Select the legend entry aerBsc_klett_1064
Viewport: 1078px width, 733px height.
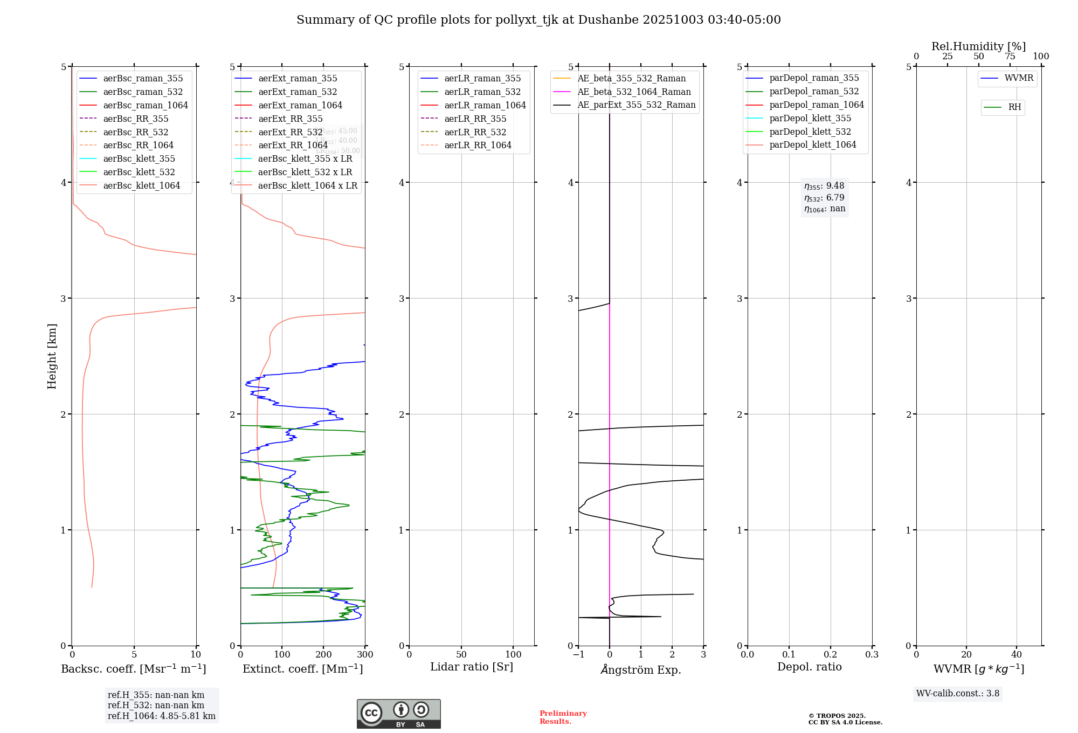pos(141,185)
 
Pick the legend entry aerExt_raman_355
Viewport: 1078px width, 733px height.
pos(298,79)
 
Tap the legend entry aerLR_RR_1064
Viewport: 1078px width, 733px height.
pos(478,145)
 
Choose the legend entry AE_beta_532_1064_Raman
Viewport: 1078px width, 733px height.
pos(634,92)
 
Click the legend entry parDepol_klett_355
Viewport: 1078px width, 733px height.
pos(810,118)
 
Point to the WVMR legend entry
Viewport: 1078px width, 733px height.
pos(1019,78)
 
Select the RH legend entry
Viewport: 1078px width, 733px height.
pos(1014,107)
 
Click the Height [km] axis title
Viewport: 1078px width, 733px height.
pos(52,356)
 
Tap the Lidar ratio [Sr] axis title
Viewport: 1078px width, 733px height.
pos(472,667)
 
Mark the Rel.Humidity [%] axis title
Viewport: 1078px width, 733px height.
pos(978,46)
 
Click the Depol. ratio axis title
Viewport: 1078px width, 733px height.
pos(809,667)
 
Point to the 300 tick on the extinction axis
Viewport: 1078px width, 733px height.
pos(365,655)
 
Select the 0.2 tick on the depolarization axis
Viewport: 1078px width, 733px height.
pos(830,655)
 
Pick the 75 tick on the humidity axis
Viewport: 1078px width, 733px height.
pos(1010,57)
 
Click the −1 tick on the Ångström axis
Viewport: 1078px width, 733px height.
pos(578,655)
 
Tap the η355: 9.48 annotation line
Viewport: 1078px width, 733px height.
pos(824,186)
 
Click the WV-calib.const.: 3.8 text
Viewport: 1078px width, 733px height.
pos(957,694)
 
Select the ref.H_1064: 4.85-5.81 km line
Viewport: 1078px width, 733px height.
pos(161,716)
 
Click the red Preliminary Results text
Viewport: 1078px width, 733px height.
pos(563,717)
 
